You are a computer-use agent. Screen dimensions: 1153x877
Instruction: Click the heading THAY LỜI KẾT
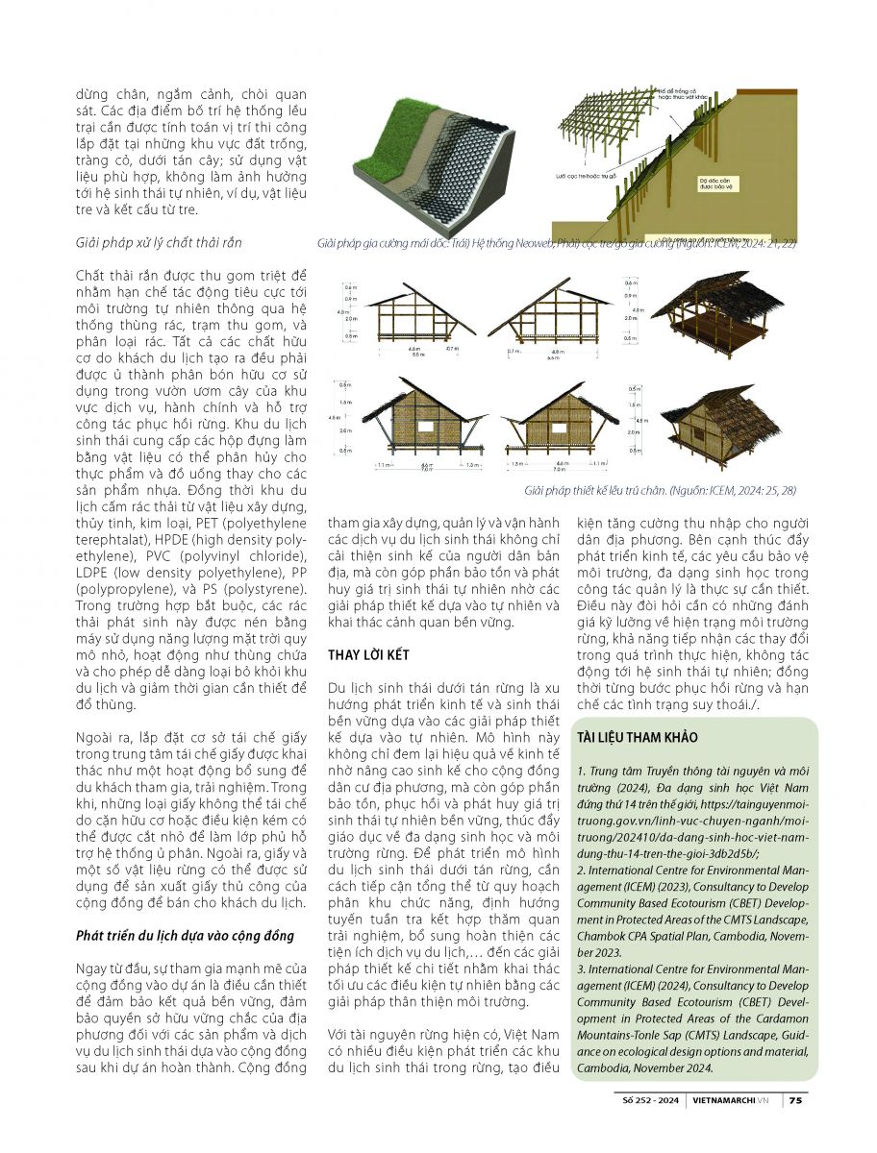[x=369, y=654]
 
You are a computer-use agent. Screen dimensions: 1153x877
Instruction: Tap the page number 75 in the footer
[x=795, y=1101]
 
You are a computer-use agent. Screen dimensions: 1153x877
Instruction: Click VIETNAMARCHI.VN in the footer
[x=735, y=1101]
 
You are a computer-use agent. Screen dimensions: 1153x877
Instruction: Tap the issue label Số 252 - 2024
[x=653, y=1101]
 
